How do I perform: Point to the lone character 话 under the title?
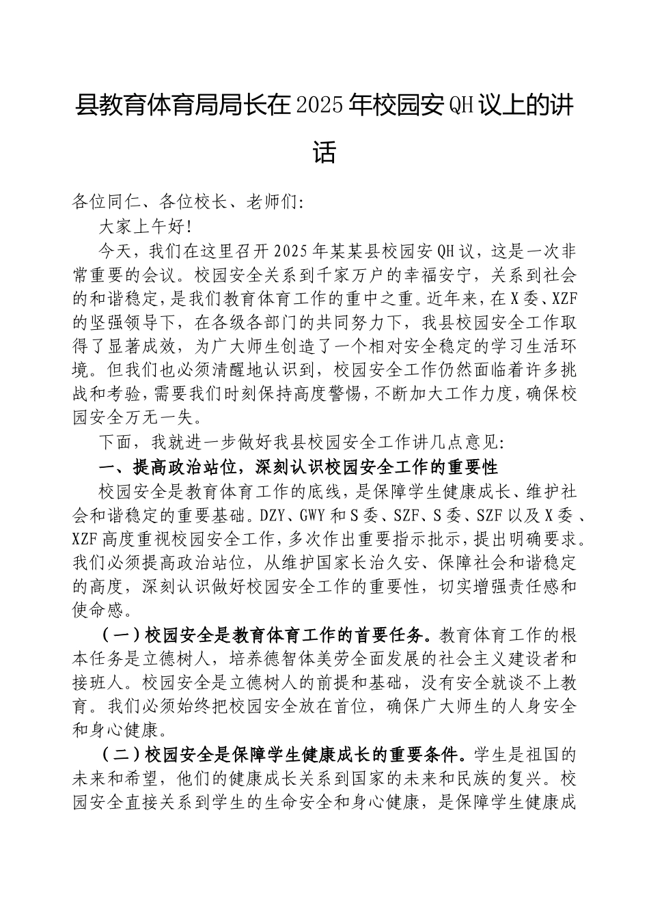coord(324,152)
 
